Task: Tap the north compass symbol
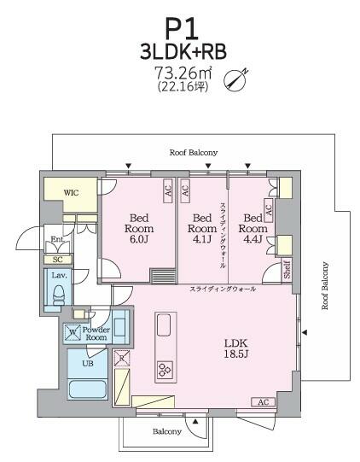click(235, 80)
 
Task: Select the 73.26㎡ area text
click(183, 73)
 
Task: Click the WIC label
click(72, 193)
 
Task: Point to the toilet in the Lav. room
click(59, 295)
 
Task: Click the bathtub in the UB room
click(87, 389)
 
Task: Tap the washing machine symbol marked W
click(73, 332)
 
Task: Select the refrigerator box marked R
click(122, 358)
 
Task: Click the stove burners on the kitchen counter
click(165, 369)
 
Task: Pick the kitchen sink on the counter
click(164, 325)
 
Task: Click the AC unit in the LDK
click(263, 402)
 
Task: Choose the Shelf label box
click(287, 269)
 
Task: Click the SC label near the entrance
click(58, 260)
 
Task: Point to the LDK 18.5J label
click(236, 348)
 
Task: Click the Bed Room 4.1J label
click(202, 228)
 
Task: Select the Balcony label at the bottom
click(167, 431)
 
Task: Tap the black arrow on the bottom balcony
click(195, 422)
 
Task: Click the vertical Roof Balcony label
click(324, 285)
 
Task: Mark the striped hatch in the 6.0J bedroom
click(163, 276)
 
